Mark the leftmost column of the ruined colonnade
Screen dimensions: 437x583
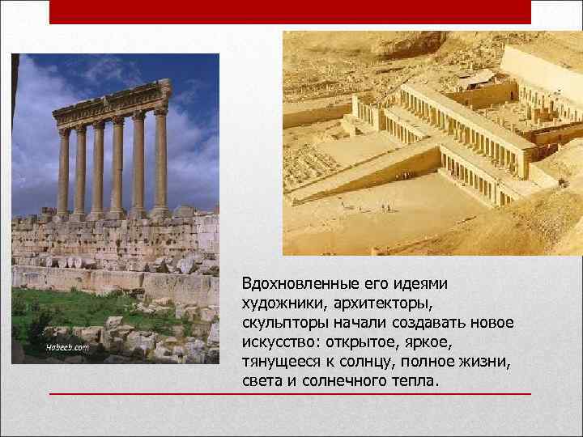pyautogui.click(x=63, y=172)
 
